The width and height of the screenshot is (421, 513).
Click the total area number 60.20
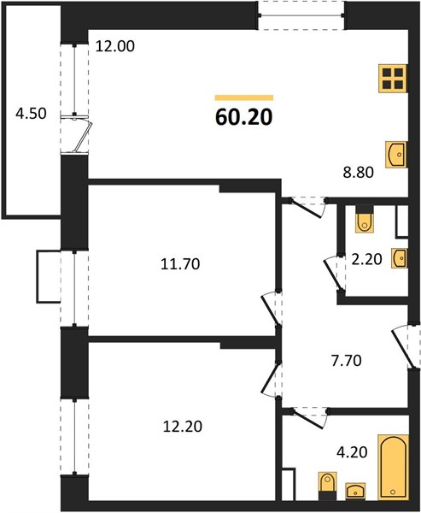tap(244, 117)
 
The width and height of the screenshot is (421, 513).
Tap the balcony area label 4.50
tap(31, 114)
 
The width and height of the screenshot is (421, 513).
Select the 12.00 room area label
tap(115, 46)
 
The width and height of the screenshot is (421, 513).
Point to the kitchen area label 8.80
tap(359, 172)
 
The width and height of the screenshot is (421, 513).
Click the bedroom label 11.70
tap(180, 263)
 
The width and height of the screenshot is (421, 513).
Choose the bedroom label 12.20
tap(183, 427)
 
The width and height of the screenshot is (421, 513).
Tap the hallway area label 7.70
tap(346, 361)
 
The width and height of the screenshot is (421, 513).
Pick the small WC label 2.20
tap(366, 259)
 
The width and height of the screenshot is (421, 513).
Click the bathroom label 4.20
tap(352, 452)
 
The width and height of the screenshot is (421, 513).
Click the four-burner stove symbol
tap(393, 79)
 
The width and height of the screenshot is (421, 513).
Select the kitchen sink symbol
tap(396, 155)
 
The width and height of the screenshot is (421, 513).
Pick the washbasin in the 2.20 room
tap(400, 258)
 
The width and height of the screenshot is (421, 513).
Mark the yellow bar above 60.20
tap(244, 97)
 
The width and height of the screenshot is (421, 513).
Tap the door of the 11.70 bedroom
tap(270, 310)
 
